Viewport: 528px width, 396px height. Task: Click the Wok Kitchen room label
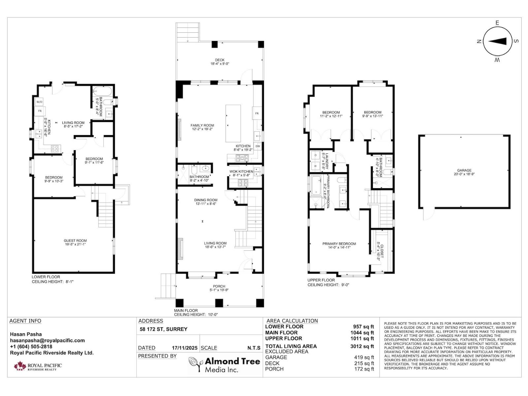coord(241,171)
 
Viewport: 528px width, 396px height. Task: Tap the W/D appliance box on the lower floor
coord(40,102)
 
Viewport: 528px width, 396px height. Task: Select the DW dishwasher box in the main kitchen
coord(258,146)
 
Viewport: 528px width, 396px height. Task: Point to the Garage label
coord(464,170)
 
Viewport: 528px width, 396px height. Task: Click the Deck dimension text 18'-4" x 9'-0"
coord(219,64)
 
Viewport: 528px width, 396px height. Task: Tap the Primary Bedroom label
coord(339,244)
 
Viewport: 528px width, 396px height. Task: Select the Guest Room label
coord(75,241)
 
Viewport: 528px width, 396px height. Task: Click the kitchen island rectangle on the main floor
coord(233,123)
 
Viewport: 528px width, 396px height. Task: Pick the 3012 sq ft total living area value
coord(362,346)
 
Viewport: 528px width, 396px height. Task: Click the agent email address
coord(47,341)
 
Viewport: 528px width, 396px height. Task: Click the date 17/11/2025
coord(184,348)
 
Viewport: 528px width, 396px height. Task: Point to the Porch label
coord(219,286)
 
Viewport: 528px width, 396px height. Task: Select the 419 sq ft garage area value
coord(364,357)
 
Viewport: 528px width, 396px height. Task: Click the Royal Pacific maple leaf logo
coord(20,366)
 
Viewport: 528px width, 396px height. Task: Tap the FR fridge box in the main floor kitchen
coord(257,114)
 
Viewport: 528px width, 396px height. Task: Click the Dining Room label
coord(206,200)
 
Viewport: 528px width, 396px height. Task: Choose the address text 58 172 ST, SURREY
coord(164,329)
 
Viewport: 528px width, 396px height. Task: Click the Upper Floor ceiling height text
coord(328,285)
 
